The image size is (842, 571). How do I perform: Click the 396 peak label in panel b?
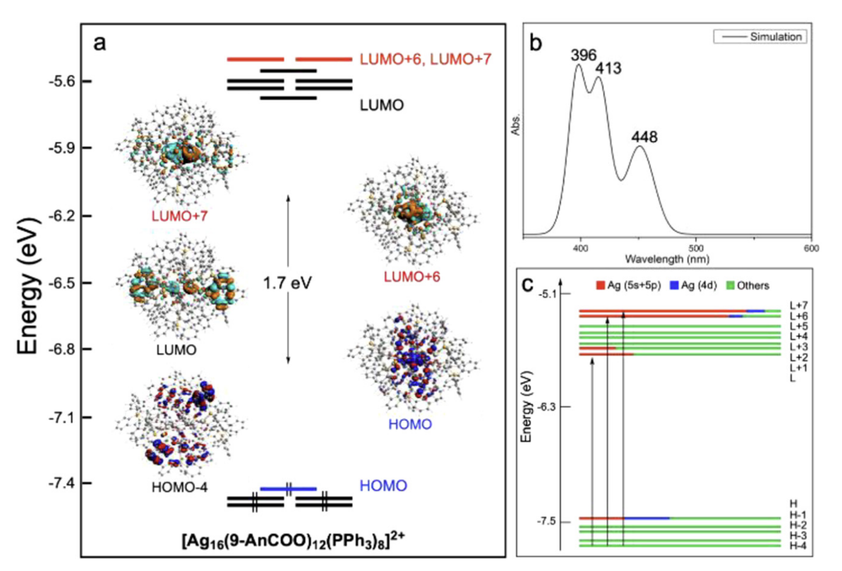[583, 55]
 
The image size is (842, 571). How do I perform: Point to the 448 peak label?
[644, 137]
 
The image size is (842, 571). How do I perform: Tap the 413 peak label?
[608, 69]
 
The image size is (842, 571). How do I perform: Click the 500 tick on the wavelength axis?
[696, 249]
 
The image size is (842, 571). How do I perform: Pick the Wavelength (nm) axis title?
[667, 259]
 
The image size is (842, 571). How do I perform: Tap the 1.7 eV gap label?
[287, 283]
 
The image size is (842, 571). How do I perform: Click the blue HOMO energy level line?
[288, 489]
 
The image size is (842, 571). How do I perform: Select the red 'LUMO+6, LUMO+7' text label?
[425, 59]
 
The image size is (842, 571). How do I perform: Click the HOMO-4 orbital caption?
[179, 487]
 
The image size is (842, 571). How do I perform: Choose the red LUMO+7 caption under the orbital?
[179, 216]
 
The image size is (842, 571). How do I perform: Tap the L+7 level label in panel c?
[799, 306]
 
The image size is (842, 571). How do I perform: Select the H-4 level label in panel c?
[798, 546]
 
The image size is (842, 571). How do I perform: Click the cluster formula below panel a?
[293, 540]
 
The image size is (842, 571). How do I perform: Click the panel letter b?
[536, 43]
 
